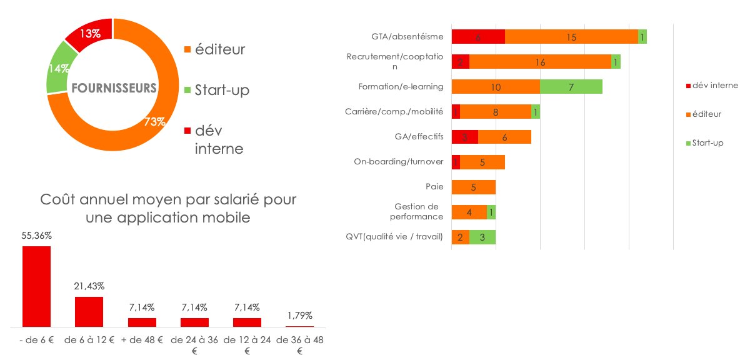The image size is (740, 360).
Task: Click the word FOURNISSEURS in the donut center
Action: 114,88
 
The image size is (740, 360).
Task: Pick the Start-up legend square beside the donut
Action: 187,91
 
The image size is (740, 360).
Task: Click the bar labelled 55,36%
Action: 37,286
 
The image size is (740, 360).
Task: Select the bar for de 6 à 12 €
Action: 89,311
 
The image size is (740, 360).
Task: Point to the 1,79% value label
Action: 299,315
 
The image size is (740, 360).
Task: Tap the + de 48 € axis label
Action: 142,340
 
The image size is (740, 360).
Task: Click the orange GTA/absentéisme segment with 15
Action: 571,37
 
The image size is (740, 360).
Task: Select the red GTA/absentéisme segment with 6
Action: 478,37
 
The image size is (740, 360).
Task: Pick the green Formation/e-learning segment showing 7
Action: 571,87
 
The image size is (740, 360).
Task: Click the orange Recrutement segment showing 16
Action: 540,62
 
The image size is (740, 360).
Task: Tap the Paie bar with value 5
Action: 473,187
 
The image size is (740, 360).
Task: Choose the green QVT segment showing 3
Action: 482,237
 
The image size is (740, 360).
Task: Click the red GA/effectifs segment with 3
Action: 464,137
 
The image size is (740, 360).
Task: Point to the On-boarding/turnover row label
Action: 398,162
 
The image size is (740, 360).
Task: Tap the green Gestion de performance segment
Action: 491,212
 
